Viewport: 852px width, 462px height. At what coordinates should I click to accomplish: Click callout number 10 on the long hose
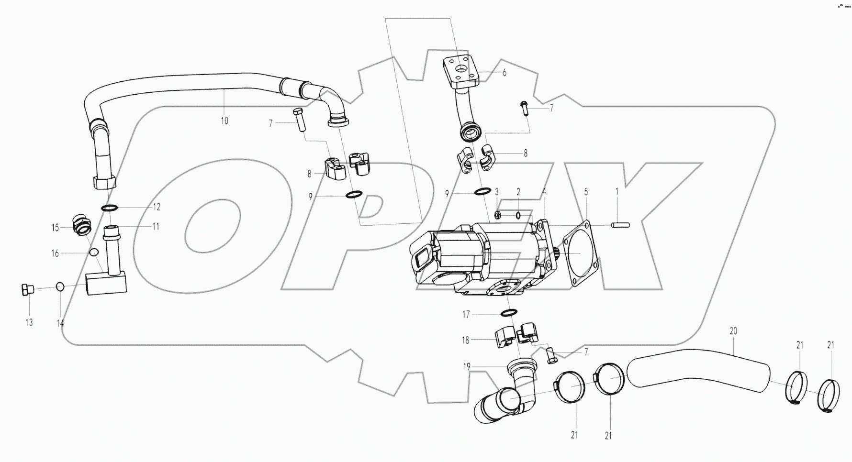[224, 121]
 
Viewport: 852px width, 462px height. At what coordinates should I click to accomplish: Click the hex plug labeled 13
[27, 289]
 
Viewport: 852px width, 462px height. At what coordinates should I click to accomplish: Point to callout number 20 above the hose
[733, 331]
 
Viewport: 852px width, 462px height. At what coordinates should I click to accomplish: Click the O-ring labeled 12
[110, 208]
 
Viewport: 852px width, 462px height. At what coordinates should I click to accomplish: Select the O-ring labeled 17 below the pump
[508, 313]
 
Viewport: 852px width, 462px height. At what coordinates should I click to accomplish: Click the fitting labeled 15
[81, 225]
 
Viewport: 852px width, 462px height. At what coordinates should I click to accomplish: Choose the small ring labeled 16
[94, 252]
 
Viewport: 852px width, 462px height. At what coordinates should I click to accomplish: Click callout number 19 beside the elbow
[467, 367]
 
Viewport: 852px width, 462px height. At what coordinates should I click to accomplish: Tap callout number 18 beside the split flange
[465, 341]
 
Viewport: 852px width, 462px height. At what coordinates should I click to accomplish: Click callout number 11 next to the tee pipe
[156, 226]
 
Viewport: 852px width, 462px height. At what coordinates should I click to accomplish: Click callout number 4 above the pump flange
[544, 191]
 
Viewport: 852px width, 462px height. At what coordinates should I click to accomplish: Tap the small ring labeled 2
[518, 215]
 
